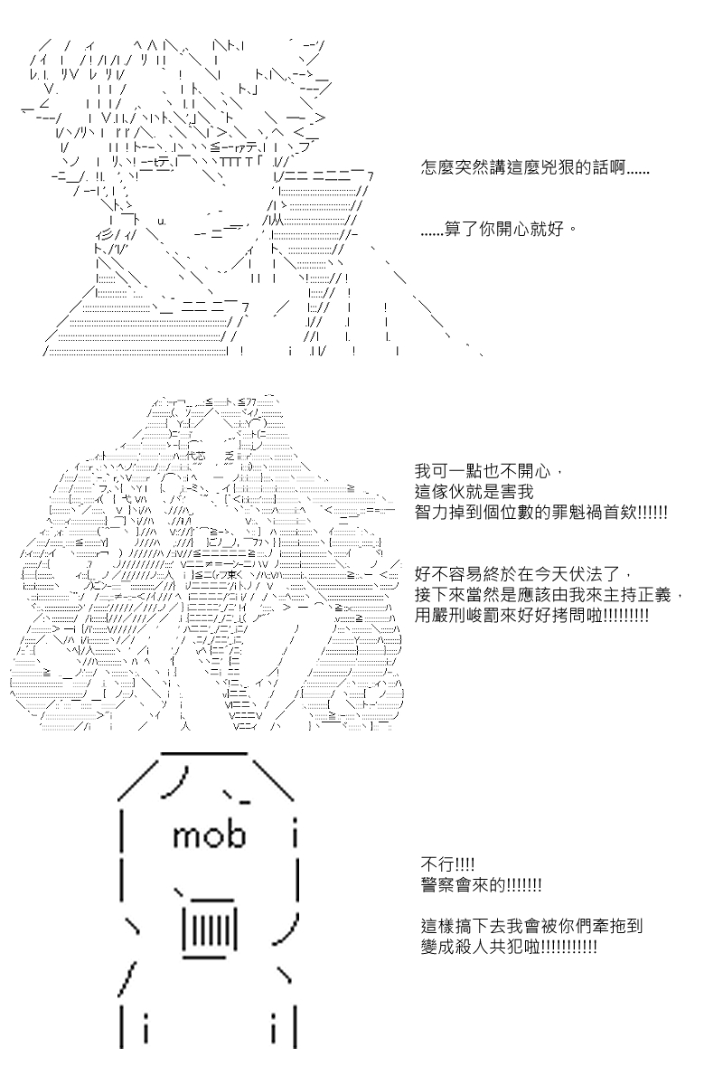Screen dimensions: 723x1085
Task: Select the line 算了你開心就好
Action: click(x=499, y=228)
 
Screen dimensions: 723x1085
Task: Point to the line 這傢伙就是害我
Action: click(x=474, y=492)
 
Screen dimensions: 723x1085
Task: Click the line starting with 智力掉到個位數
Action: click(x=541, y=513)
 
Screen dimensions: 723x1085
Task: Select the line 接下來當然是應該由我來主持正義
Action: click(x=549, y=595)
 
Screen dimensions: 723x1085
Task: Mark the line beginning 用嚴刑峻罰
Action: click(x=531, y=616)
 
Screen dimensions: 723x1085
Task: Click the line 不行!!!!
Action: click(x=448, y=864)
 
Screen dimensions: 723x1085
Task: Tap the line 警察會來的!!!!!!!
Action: click(x=481, y=885)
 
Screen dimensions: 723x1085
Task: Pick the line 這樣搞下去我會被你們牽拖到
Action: click(x=531, y=927)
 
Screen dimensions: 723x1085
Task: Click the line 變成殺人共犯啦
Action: click(x=509, y=948)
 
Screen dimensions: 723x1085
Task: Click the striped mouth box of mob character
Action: click(x=210, y=930)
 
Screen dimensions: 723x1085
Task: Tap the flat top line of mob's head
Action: click(x=204, y=754)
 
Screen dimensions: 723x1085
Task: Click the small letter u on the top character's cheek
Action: click(x=162, y=222)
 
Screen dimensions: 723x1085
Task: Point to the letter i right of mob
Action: click(x=295, y=835)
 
